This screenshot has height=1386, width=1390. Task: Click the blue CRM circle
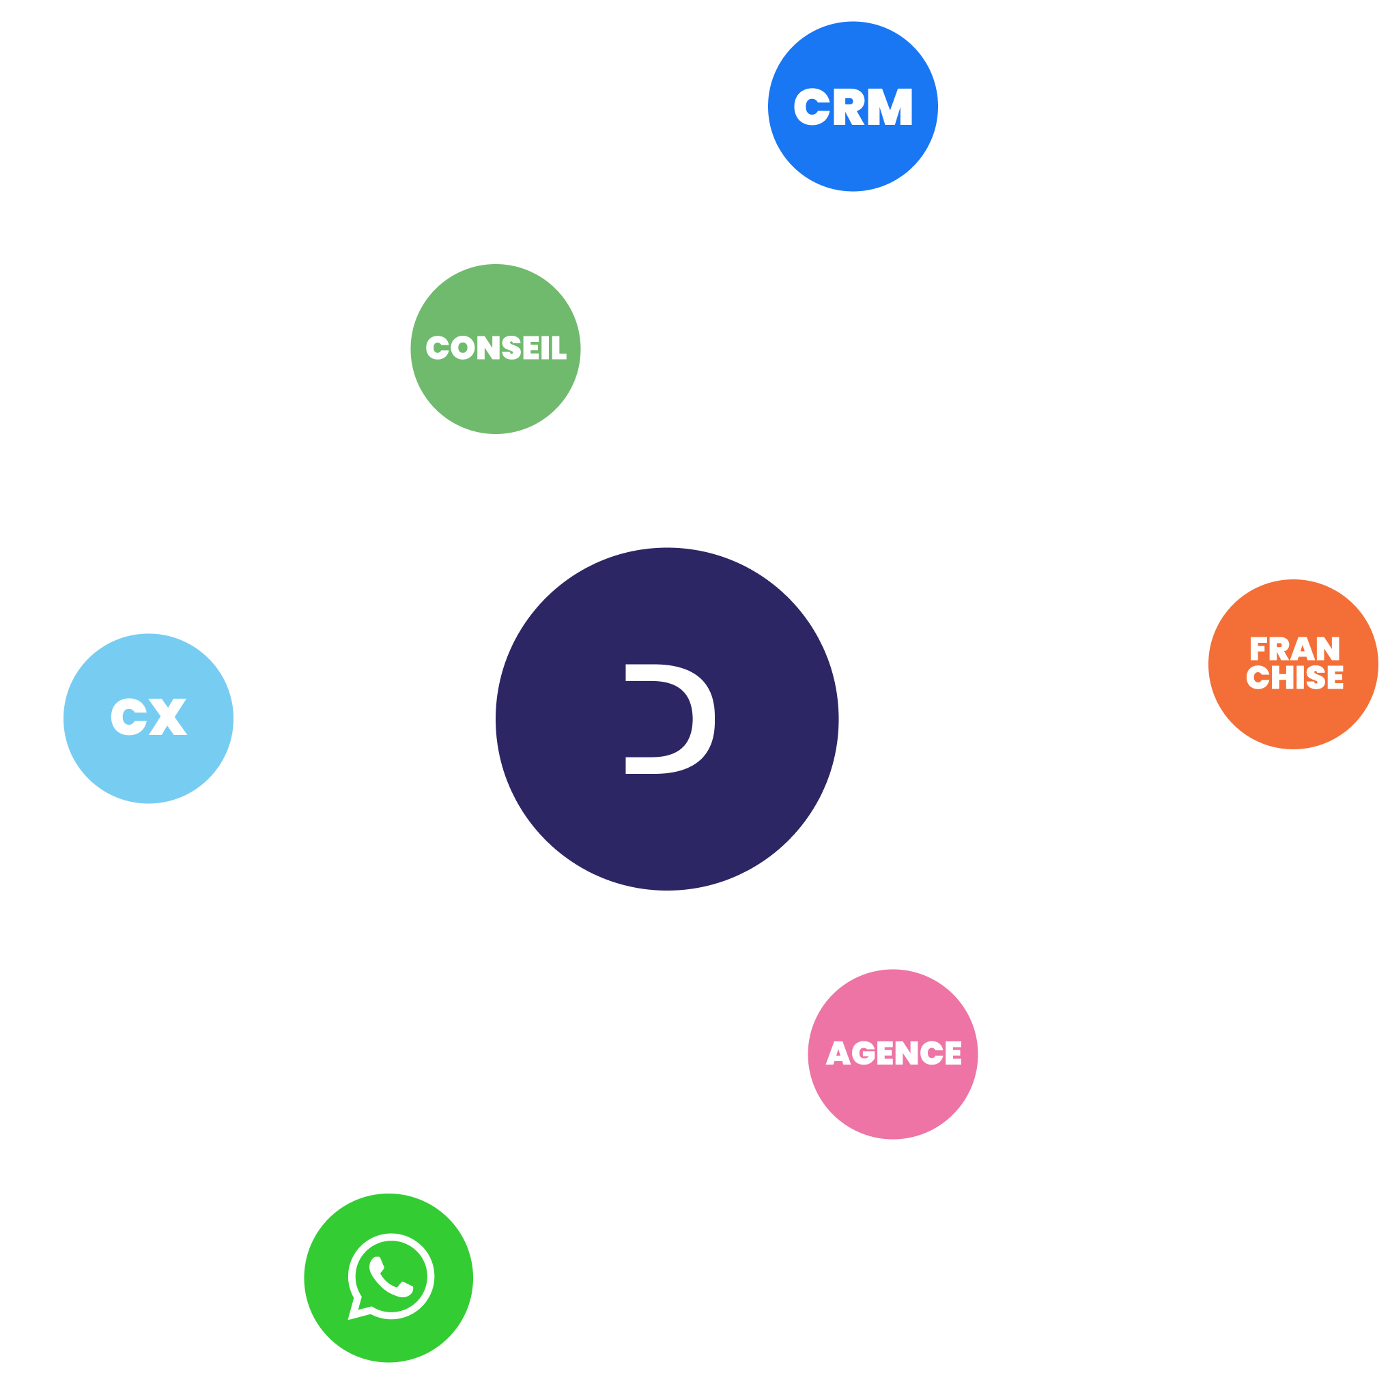click(x=853, y=106)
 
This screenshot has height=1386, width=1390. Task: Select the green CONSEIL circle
click(x=496, y=349)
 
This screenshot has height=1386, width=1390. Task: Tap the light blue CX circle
click(x=148, y=719)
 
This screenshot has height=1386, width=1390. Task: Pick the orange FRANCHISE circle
click(x=1294, y=665)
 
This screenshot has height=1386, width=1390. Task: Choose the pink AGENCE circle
click(x=893, y=1054)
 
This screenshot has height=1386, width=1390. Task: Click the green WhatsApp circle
click(x=388, y=1278)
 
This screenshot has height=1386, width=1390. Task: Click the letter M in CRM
click(x=890, y=106)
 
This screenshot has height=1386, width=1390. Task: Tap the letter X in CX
click(x=168, y=717)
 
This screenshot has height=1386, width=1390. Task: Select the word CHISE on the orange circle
click(x=1295, y=678)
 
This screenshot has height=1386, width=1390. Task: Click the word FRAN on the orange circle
click(x=1295, y=648)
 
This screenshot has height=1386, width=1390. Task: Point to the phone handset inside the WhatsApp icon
click(x=391, y=1277)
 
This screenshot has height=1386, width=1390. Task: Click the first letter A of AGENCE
click(x=838, y=1053)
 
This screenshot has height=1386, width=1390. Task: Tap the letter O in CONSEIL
click(x=464, y=348)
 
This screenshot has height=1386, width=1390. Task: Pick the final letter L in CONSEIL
click(x=559, y=348)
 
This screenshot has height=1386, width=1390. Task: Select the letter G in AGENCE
click(x=864, y=1053)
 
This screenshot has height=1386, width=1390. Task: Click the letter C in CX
click(x=129, y=717)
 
